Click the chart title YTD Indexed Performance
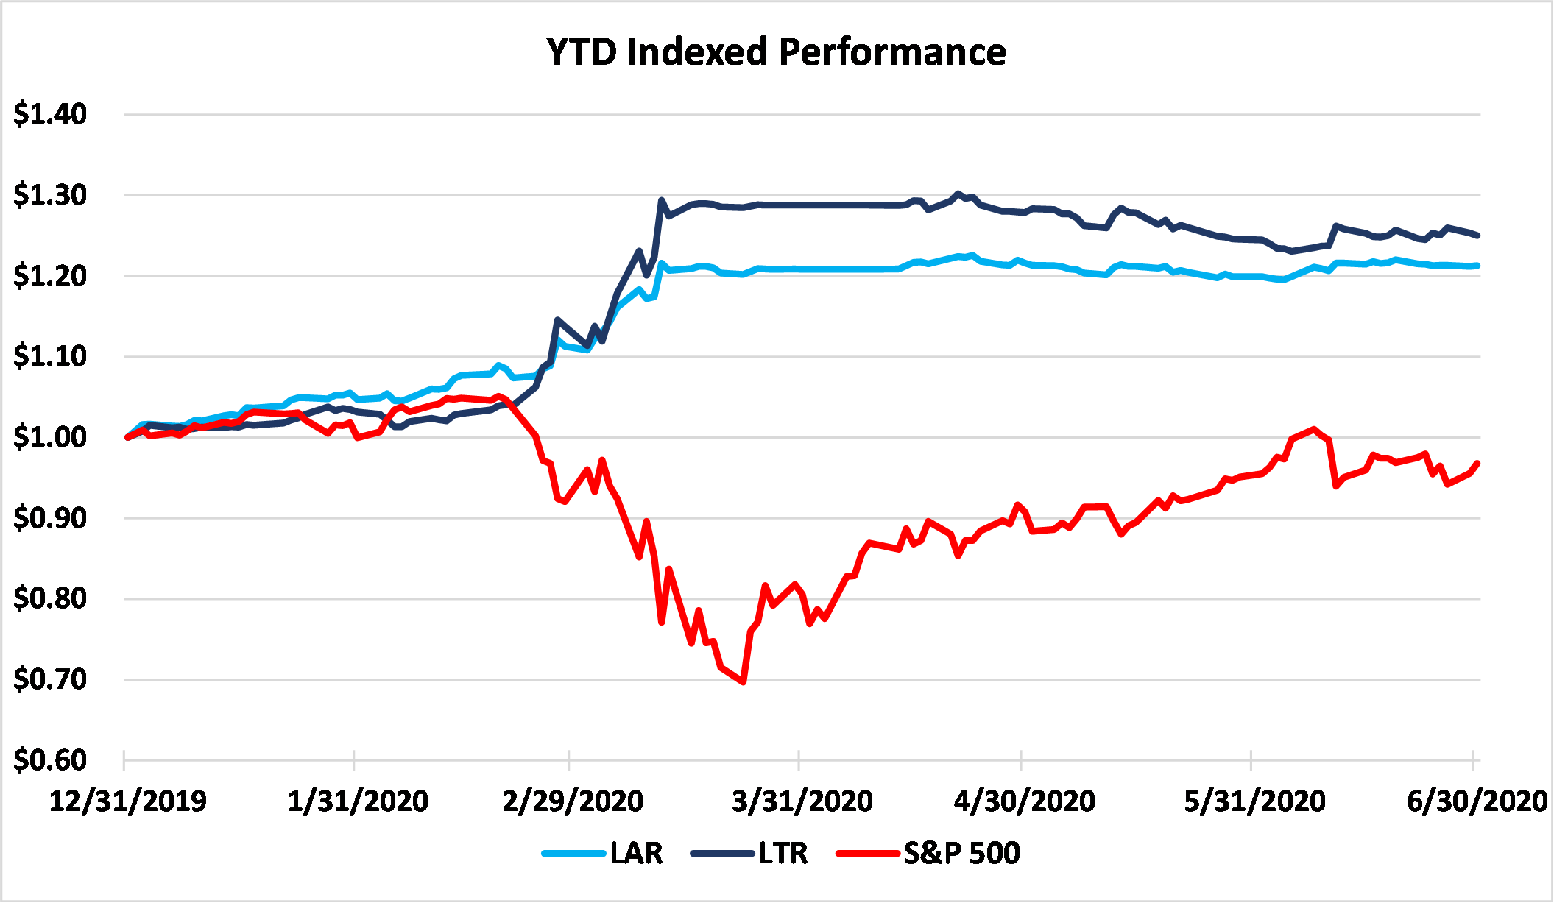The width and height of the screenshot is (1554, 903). [776, 52]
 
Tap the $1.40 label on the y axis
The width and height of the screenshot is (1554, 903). [50, 114]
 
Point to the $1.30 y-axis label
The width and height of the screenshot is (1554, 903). [50, 195]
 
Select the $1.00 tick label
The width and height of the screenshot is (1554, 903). [50, 437]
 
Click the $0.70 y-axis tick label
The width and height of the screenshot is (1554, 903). [50, 679]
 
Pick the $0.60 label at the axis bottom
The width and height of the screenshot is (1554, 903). [50, 759]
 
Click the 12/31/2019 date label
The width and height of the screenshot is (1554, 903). [128, 801]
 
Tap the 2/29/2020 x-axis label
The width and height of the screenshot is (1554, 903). [573, 801]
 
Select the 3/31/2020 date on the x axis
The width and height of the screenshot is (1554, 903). [802, 801]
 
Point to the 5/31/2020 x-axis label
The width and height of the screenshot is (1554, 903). [1254, 801]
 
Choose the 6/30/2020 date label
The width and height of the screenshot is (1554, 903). [1477, 801]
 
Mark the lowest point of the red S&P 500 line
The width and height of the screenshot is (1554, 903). [744, 682]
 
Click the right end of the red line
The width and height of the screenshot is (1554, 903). [1477, 463]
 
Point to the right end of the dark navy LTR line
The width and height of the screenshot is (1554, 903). [1477, 236]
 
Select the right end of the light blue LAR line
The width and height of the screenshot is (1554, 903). [1477, 266]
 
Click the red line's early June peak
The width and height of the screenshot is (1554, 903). [1314, 429]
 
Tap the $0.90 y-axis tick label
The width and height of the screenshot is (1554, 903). [50, 518]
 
